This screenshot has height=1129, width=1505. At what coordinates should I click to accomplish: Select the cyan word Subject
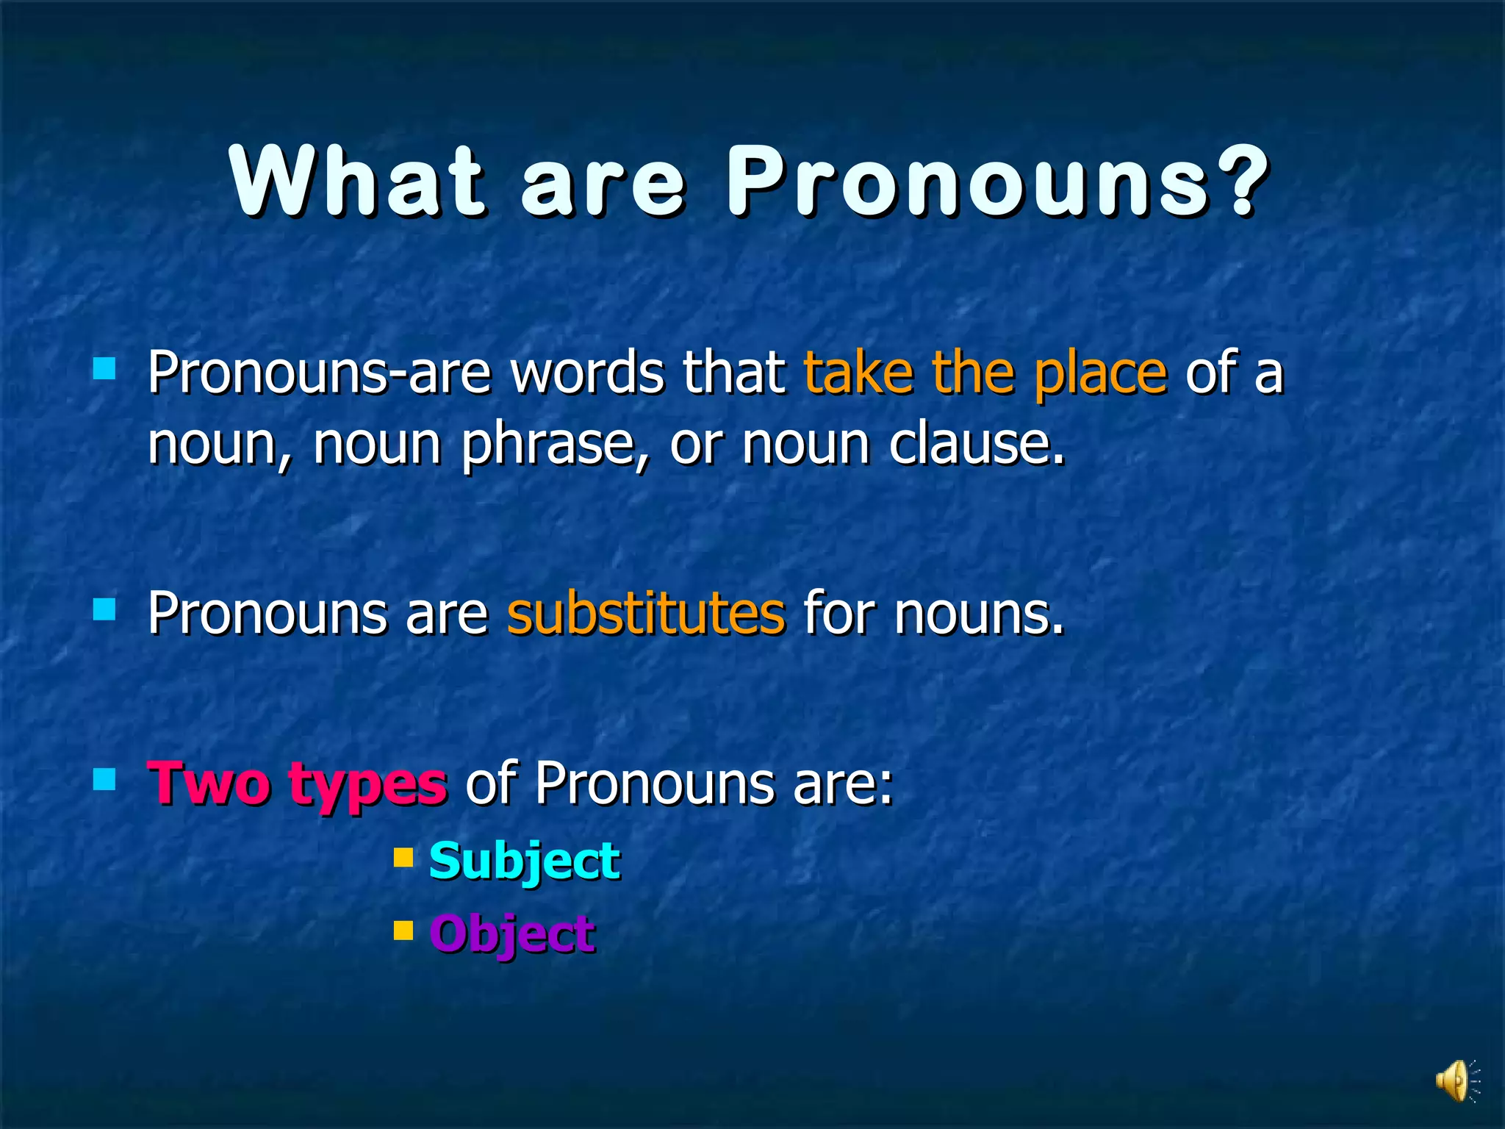click(x=524, y=861)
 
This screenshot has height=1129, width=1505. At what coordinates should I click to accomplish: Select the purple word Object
click(x=512, y=934)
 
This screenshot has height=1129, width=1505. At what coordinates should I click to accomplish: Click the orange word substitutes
click(x=646, y=614)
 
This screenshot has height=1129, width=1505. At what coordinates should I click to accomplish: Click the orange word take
click(x=858, y=373)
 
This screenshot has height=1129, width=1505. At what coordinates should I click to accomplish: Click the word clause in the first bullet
click(x=975, y=445)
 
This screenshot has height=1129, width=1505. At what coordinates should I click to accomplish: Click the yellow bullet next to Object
click(x=403, y=931)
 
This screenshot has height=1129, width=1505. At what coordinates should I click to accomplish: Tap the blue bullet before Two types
click(x=104, y=779)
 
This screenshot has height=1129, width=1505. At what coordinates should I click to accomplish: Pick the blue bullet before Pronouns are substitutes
click(x=104, y=609)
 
